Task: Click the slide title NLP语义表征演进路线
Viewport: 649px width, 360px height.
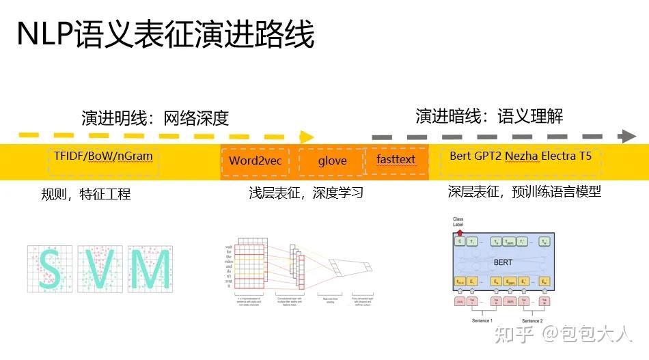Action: (x=166, y=33)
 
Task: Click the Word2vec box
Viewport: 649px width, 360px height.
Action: (x=255, y=161)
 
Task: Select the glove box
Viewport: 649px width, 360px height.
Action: (x=332, y=161)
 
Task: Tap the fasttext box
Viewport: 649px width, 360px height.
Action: (x=396, y=160)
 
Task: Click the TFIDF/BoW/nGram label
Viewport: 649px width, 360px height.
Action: (x=103, y=156)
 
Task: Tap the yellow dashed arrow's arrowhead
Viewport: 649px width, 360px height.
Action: (x=307, y=137)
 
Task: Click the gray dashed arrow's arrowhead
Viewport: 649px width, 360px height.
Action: (x=626, y=136)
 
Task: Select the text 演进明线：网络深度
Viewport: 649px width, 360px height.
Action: (x=154, y=118)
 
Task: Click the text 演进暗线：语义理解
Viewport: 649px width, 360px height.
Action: (x=489, y=116)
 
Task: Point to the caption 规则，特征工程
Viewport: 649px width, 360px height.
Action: (x=85, y=195)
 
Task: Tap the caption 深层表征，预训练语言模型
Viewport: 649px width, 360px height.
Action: (x=524, y=192)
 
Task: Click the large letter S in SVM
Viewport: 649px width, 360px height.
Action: (x=51, y=269)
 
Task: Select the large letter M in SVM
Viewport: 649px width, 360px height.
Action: (x=150, y=269)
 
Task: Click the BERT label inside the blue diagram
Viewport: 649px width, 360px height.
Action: (x=503, y=262)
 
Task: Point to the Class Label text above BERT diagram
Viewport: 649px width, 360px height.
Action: (x=458, y=223)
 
